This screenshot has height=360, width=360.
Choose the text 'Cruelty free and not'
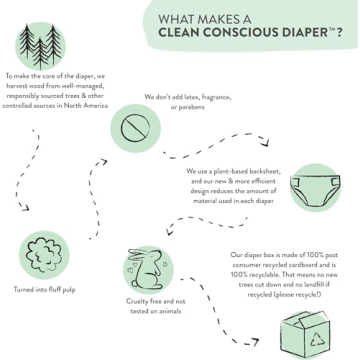152,300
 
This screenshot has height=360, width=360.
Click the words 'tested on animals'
152,310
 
